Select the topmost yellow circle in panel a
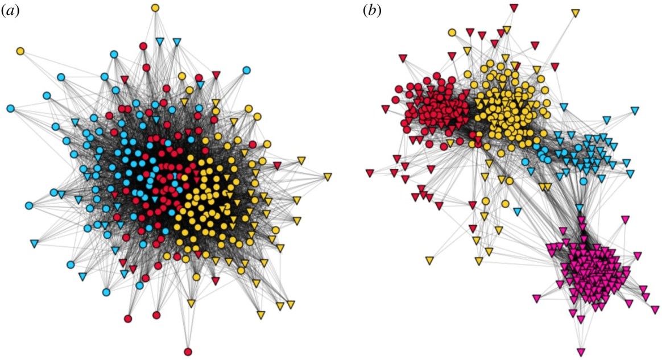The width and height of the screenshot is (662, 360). coord(155,8)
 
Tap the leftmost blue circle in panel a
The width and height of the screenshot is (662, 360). coord(10,108)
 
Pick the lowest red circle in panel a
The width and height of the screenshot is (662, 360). coord(188,350)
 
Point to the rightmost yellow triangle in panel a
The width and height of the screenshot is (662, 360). coord(328,177)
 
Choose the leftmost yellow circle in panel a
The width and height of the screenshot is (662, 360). coord(20,51)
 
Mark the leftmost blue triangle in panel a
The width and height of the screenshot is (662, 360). coord(34,244)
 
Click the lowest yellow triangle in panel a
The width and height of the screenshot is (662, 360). coord(261,315)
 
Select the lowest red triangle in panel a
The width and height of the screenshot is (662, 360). coord(216,280)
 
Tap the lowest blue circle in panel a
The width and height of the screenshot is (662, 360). coord(106,292)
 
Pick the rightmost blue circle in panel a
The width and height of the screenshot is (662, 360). coord(246,70)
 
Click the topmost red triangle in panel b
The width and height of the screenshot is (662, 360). coord(514,8)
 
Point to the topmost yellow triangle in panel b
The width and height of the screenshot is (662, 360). coord(575,12)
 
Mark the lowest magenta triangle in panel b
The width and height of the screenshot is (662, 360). coord(581,351)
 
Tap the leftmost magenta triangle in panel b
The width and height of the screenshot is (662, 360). coord(536,297)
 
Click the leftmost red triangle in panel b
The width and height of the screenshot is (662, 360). coord(370,172)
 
